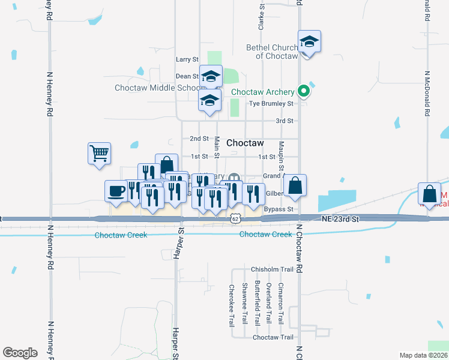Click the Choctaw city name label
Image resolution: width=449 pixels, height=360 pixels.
[x=245, y=143]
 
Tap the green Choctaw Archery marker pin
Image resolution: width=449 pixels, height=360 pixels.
[x=304, y=92]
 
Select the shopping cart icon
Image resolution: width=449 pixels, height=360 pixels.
[x=99, y=152]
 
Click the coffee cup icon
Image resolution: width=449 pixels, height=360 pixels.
[x=116, y=191]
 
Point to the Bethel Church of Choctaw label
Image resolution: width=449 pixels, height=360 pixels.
[x=273, y=52]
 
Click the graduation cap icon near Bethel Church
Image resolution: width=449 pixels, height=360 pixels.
[x=309, y=41]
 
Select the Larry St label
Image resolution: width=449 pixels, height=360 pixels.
[x=187, y=59]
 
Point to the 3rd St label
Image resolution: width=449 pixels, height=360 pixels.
[x=284, y=121]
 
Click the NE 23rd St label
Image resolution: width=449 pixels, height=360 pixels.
[x=339, y=220]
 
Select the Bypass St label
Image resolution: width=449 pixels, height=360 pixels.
[x=278, y=209]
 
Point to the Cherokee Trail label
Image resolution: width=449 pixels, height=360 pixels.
[x=232, y=305]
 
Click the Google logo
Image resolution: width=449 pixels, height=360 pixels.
[x=20, y=353]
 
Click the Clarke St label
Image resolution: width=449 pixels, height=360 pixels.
[x=261, y=16]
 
